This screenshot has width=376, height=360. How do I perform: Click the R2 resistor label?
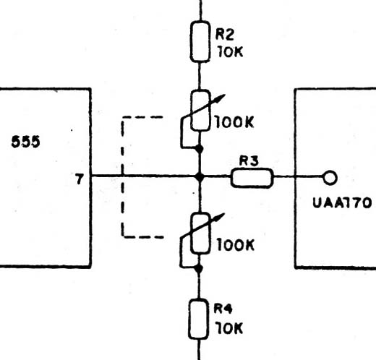click(224, 35)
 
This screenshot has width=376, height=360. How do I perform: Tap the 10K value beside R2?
click(230, 51)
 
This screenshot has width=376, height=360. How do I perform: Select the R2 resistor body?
click(200, 42)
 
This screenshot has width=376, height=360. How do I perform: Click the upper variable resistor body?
click(200, 111)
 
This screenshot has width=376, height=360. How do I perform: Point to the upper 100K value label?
click(234, 122)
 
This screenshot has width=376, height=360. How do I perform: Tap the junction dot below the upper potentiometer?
click(199, 149)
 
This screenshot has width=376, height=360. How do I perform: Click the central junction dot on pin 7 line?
click(200, 177)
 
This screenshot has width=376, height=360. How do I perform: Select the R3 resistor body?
click(252, 178)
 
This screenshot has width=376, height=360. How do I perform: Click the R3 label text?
click(249, 160)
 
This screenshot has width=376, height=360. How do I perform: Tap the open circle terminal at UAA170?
click(330, 178)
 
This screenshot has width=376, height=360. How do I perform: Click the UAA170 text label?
click(342, 203)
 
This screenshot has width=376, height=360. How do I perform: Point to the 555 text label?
click(26, 142)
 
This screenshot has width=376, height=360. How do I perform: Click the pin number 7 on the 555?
click(80, 179)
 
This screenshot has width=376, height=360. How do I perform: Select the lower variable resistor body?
click(200, 233)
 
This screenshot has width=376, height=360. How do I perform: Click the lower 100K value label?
click(236, 245)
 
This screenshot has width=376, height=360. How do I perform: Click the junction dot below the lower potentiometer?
click(198, 268)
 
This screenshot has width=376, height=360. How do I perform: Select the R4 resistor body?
click(199, 319)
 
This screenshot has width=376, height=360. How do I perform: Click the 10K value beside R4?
click(229, 328)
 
